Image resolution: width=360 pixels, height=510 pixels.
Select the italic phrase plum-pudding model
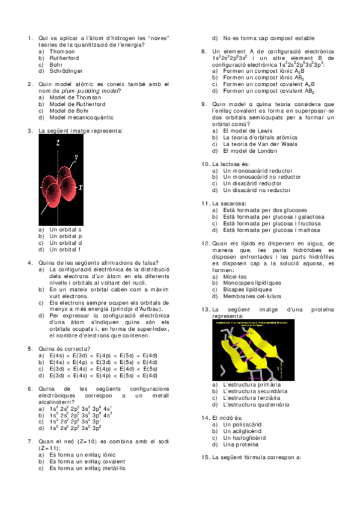[x=89, y=90]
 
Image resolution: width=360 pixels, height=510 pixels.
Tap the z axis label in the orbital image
[x=58, y=143]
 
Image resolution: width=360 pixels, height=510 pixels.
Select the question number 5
[x=30, y=349]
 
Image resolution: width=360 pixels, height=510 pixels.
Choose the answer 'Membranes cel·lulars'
[x=251, y=296]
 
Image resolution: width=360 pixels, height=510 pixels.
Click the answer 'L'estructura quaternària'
[x=255, y=405]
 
